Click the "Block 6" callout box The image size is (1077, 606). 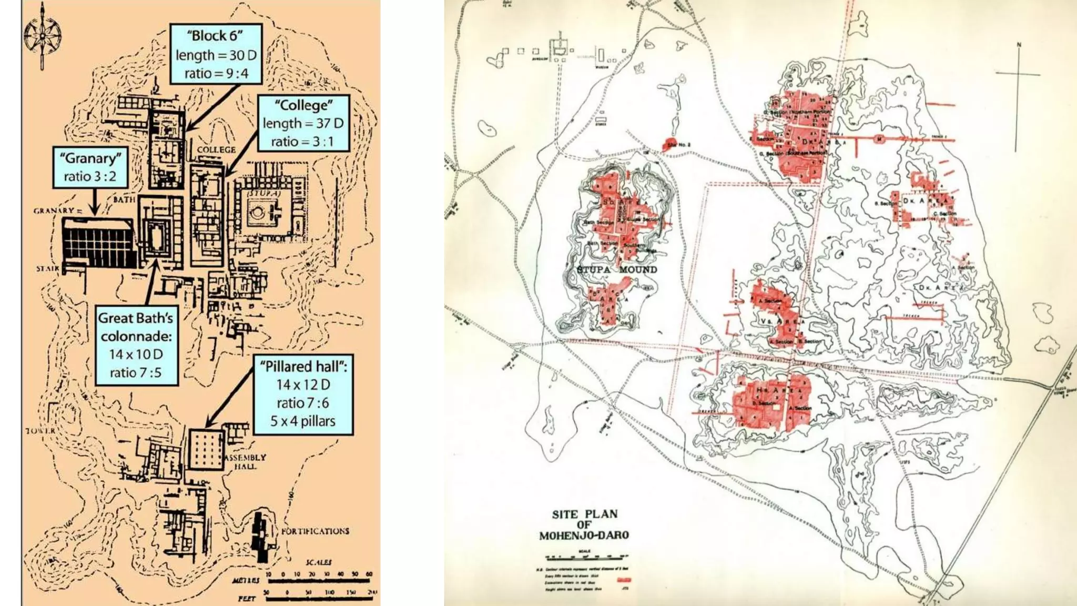pos(216,54)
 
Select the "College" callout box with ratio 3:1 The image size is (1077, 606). pos(303,123)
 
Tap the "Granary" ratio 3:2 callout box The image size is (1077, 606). pos(90,167)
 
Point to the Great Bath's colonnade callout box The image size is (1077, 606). pos(136,345)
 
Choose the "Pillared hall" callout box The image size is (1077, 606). pos(303,393)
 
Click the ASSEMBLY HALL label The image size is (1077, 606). pos(246,461)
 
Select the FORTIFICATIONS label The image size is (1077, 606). pos(314,531)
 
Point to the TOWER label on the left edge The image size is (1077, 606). pos(40,431)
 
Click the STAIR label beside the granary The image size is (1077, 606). pos(48,269)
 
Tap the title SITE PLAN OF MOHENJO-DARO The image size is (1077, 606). pos(584,524)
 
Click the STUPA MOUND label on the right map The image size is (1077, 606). pos(617,270)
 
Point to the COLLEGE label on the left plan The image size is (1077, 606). pos(216,150)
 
